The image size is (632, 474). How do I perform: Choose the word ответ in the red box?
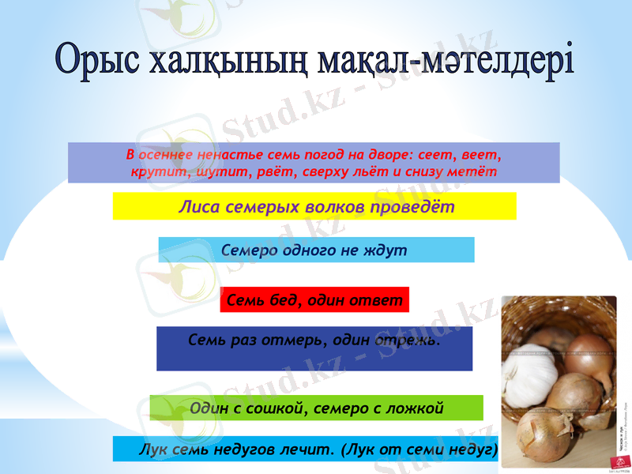point(376,300)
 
